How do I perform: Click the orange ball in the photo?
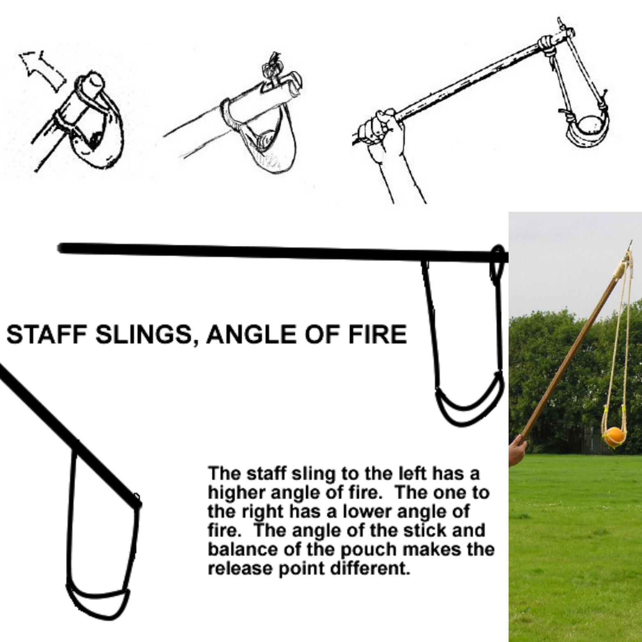point(614,436)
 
